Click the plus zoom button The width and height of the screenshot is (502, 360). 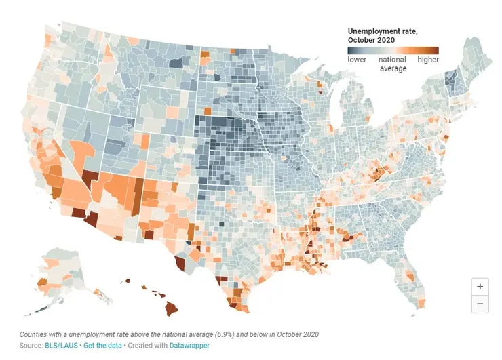pyautogui.click(x=480, y=287)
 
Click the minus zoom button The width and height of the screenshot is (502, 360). pyautogui.click(x=480, y=304)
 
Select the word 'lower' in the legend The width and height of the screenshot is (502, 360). pyautogui.click(x=357, y=60)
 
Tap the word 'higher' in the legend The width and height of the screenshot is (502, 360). pyautogui.click(x=428, y=60)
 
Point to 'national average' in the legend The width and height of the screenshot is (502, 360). pyautogui.click(x=392, y=64)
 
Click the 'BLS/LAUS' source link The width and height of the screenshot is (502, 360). pyautogui.click(x=62, y=346)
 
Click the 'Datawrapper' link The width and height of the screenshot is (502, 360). pyautogui.click(x=191, y=346)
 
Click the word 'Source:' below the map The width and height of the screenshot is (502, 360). pyautogui.click(x=31, y=346)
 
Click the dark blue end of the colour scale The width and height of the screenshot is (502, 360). pyautogui.click(x=351, y=50)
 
